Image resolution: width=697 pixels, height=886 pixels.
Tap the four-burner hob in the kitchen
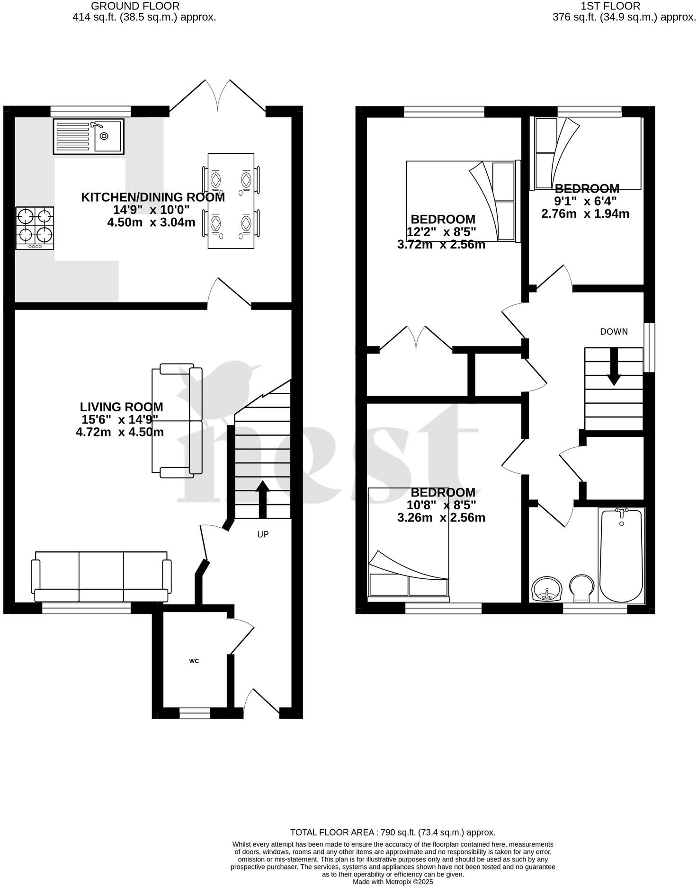click(35, 228)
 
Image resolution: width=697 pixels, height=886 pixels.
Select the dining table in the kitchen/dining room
click(231, 201)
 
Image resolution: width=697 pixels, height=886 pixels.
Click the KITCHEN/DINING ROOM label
click(153, 197)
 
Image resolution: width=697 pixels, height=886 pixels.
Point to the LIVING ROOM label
click(121, 407)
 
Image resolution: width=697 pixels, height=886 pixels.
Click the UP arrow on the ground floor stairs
click(262, 499)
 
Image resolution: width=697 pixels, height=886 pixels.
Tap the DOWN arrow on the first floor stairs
click(614, 367)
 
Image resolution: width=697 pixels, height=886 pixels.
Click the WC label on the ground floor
click(194, 661)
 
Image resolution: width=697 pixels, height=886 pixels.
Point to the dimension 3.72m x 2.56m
click(441, 245)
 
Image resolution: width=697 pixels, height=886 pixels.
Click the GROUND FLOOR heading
click(135, 6)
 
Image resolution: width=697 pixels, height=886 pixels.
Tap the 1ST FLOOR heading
click(611, 6)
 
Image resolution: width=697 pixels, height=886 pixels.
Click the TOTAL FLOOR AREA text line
click(393, 832)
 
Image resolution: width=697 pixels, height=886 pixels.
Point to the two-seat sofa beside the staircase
click(177, 420)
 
